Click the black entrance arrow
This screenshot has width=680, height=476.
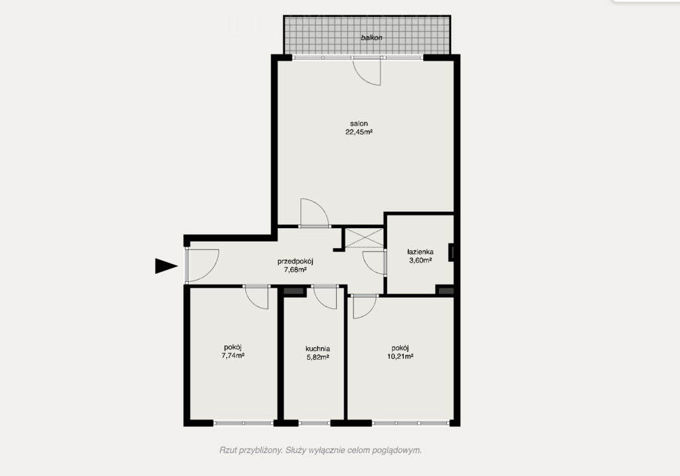tap(166, 266)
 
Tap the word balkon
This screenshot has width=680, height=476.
tap(372, 38)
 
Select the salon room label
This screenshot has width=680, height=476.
tap(359, 124)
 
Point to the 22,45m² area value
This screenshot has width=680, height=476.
tap(359, 132)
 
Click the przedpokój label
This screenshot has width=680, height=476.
tap(296, 261)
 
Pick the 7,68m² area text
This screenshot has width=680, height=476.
tap(296, 270)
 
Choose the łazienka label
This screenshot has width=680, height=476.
tap(420, 252)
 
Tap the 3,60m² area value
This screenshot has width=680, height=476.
tap(420, 261)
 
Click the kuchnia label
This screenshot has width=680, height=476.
tap(317, 349)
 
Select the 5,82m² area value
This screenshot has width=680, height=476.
tap(317, 358)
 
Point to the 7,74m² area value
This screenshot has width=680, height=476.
tap(233, 356)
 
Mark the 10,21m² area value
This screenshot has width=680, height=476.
tap(400, 356)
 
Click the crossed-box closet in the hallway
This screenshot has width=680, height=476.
tap(365, 238)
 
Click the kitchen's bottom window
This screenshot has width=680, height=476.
tap(314, 423)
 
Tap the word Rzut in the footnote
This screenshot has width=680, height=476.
tap(228, 450)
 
